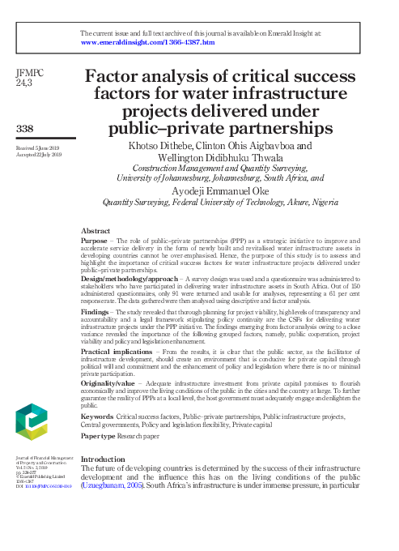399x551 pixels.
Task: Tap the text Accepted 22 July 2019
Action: (36, 154)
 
